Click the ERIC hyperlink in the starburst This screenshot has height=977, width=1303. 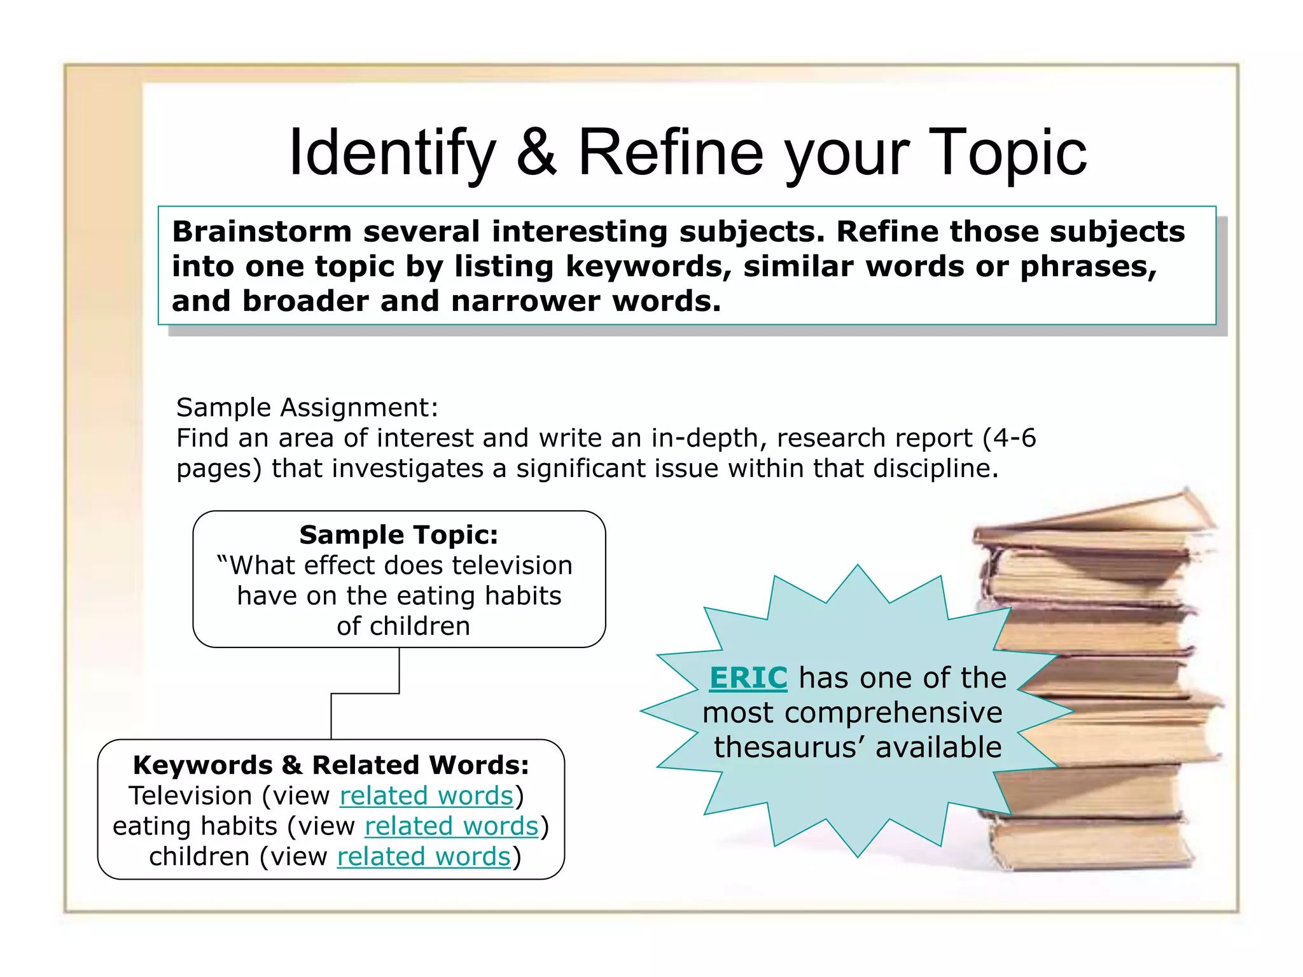[748, 678]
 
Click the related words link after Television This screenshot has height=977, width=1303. [426, 796]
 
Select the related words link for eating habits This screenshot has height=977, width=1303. [451, 826]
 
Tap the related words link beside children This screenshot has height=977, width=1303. [424, 857]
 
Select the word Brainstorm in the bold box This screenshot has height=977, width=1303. [261, 232]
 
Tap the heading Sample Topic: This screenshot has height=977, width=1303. [399, 535]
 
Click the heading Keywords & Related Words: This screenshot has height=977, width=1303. [331, 765]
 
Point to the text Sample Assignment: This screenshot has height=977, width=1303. [307, 407]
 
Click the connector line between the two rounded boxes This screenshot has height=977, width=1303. [365, 693]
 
